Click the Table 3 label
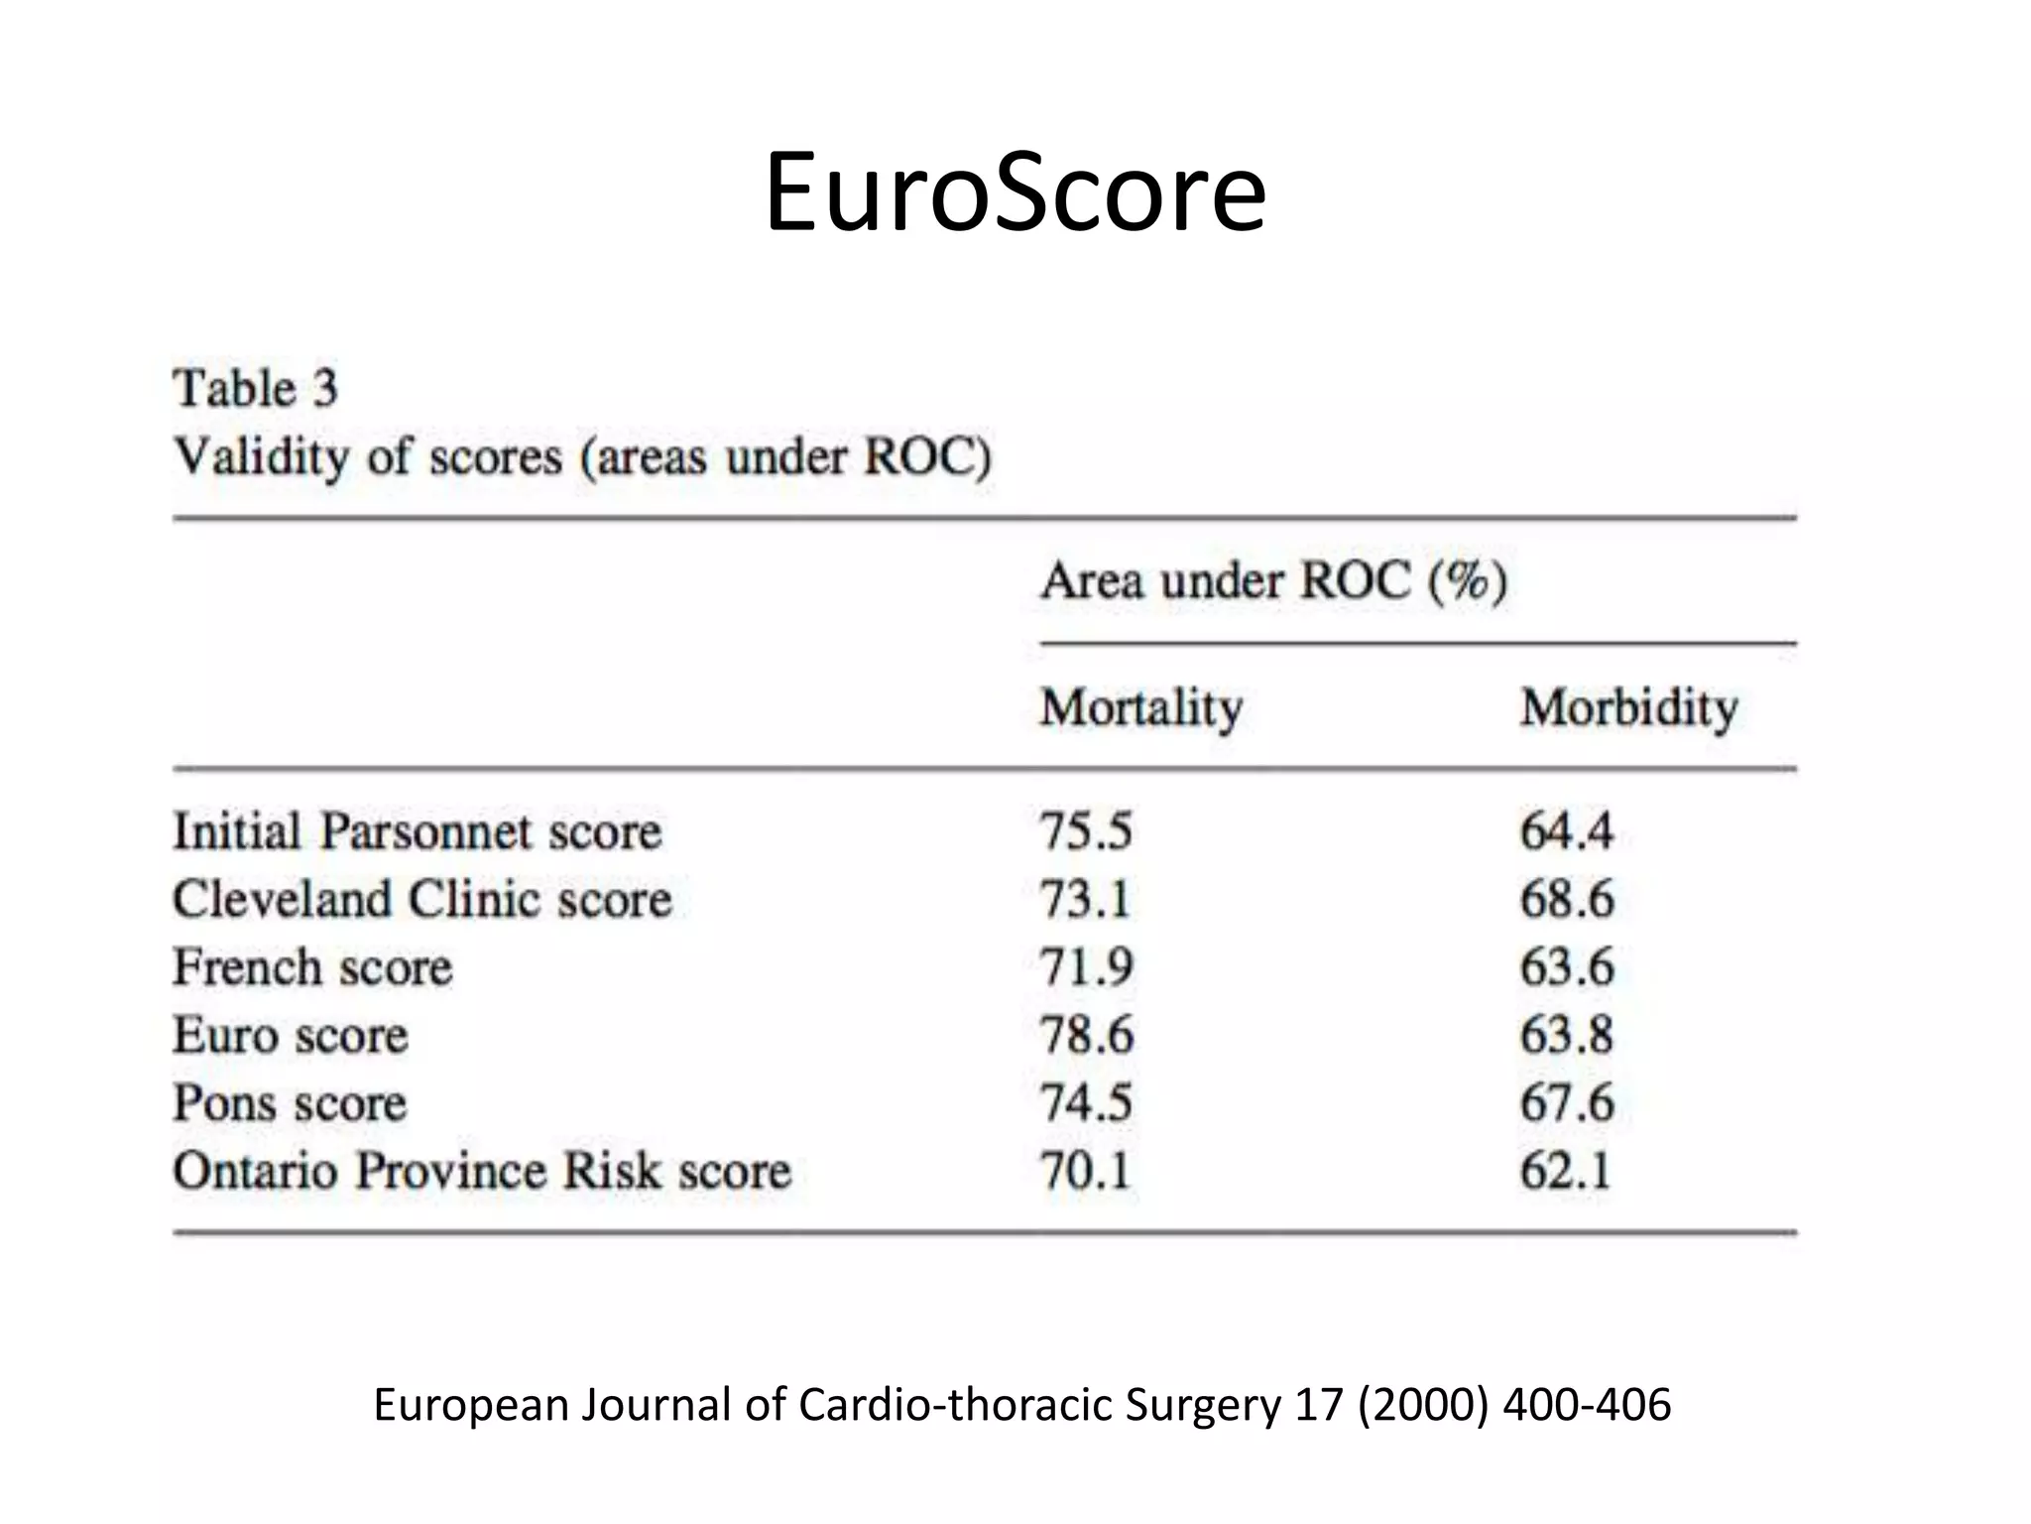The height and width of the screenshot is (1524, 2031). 256,388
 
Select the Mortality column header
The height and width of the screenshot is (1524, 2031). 1140,708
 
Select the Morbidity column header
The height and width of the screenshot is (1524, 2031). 1629,708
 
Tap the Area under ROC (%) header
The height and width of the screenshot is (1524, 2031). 1273,580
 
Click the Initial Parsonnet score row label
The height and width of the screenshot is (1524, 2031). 417,831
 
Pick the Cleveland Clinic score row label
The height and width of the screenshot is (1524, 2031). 422,900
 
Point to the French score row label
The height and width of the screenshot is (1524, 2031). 312,967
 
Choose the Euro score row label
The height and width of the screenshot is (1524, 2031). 291,1036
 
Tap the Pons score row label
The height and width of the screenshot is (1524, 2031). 290,1103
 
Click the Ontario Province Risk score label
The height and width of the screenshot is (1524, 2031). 482,1171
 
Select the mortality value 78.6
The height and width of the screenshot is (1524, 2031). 1086,1036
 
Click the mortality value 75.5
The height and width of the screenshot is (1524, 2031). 1086,831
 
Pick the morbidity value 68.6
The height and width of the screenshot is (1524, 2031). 1567,900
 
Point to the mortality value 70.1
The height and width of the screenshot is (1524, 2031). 1085,1171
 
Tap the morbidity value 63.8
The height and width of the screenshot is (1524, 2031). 1567,1036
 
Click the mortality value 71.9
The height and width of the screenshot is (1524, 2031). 1086,967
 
